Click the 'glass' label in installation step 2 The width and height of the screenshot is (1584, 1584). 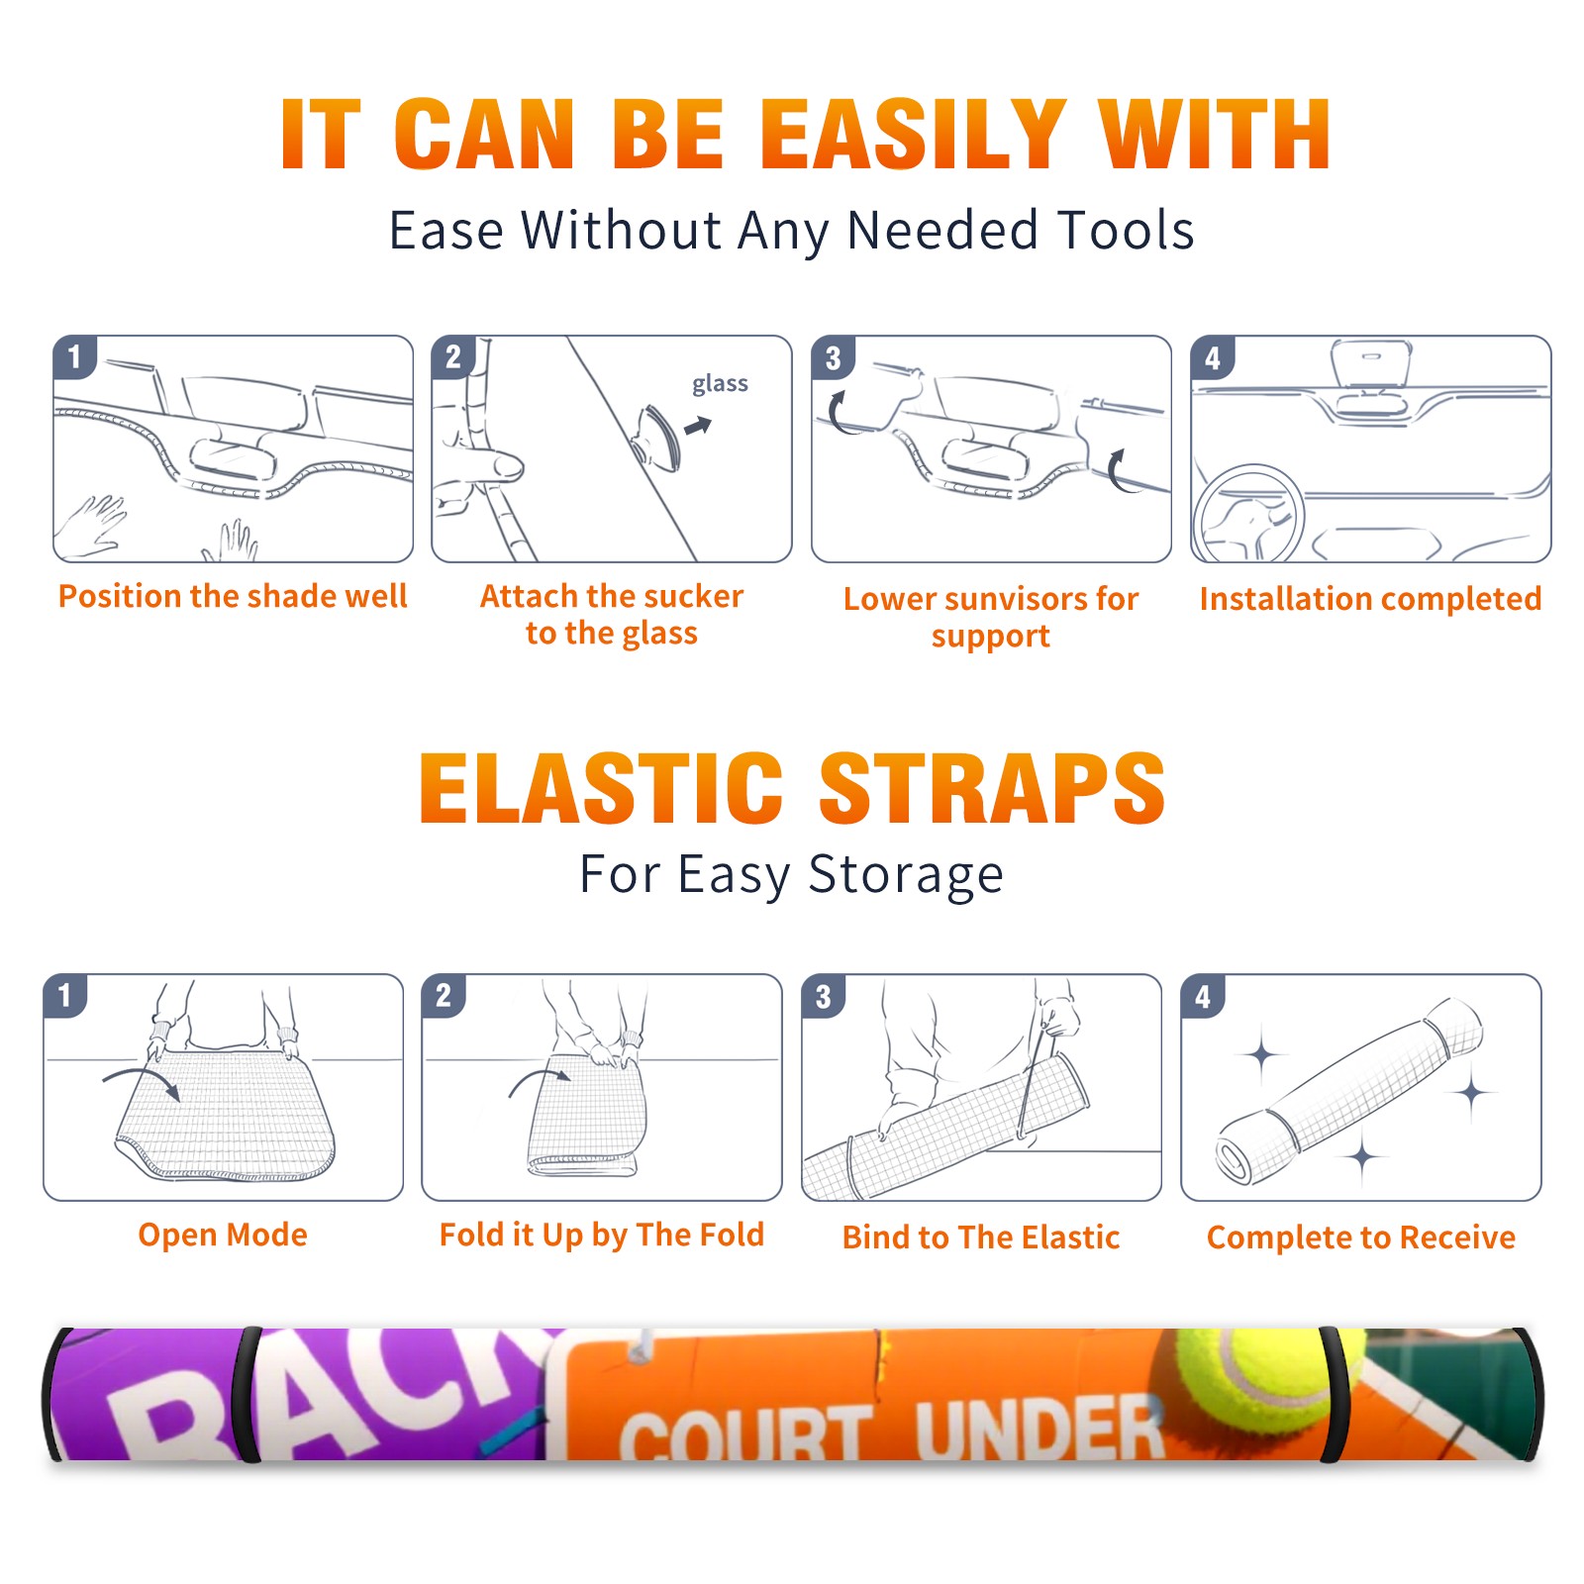point(720,384)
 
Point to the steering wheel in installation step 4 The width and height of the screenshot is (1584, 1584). point(1247,513)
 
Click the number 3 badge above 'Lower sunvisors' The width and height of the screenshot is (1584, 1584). point(834,357)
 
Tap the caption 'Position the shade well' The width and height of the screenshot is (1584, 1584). point(233,596)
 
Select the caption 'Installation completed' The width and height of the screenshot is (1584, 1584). point(1370,599)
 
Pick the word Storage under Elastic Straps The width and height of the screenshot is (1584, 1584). point(906,875)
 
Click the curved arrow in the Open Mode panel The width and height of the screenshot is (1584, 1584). point(142,1081)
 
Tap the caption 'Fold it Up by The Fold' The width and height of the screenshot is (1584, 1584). point(602,1235)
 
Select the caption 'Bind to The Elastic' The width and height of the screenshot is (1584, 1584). point(981,1237)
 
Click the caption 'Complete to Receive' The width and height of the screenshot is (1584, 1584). point(1361,1237)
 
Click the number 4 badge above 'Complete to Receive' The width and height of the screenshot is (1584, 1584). point(1203,996)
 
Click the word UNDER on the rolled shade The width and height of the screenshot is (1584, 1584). point(1039,1429)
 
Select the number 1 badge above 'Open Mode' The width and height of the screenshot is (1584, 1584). point(65,996)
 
